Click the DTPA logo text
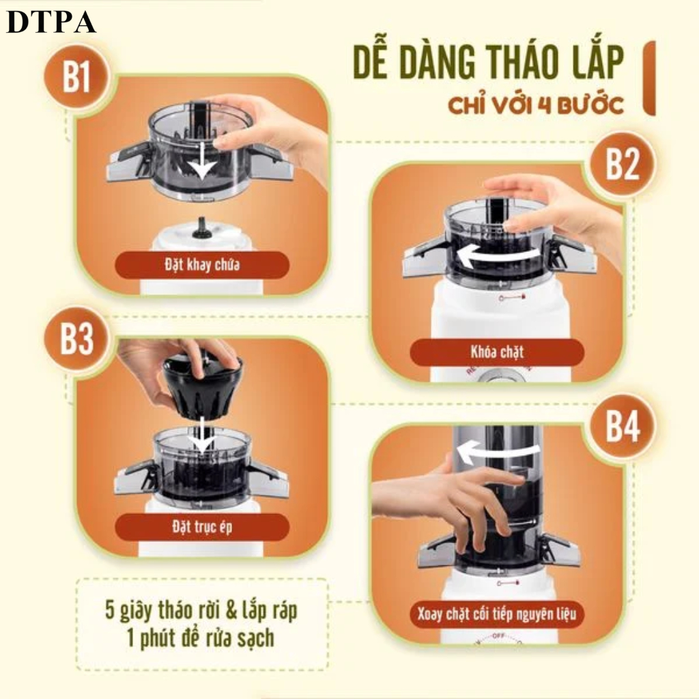click(51, 23)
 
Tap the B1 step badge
click(76, 76)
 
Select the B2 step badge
click(623, 164)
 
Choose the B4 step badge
click(623, 426)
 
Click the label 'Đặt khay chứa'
click(202, 265)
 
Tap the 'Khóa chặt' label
click(497, 352)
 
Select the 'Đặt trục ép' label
click(202, 528)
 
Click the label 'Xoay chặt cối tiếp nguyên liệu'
click(497, 614)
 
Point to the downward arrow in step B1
click(202, 160)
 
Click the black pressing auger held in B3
click(203, 383)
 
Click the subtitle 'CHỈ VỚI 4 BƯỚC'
click(535, 106)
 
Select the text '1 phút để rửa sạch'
click(200, 638)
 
